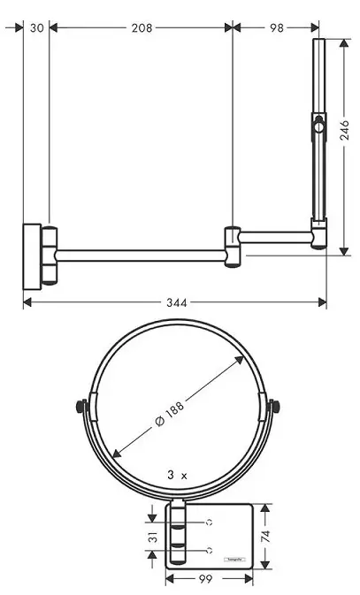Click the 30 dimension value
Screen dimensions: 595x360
click(x=36, y=27)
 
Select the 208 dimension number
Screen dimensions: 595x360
click(x=141, y=27)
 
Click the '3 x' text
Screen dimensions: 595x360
click(x=177, y=475)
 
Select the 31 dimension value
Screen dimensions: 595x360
click(x=153, y=537)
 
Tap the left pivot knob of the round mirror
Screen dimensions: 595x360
click(x=80, y=408)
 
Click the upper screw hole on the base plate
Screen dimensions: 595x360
click(x=210, y=523)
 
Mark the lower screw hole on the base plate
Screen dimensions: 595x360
click(x=210, y=550)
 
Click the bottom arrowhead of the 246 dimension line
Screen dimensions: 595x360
click(x=346, y=251)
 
